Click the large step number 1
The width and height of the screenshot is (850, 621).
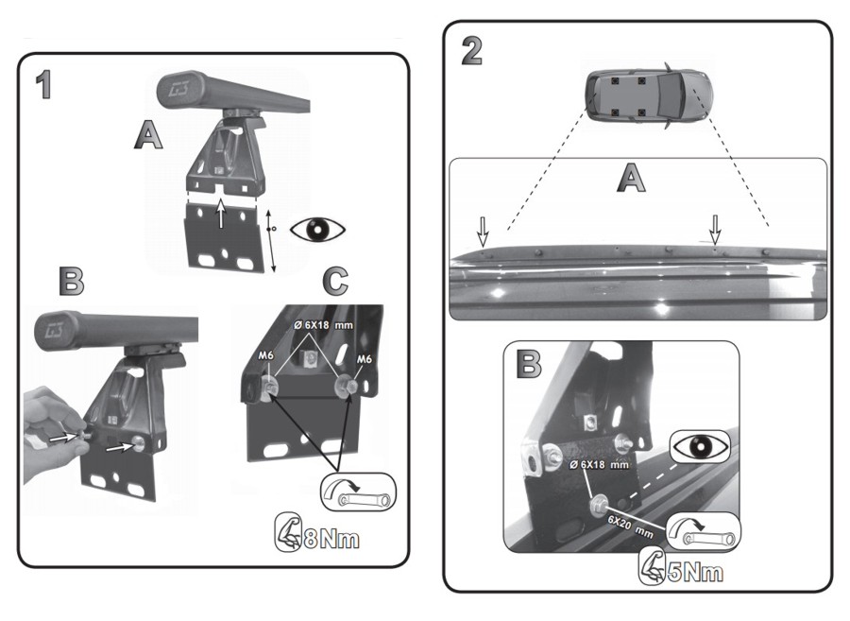click(x=44, y=85)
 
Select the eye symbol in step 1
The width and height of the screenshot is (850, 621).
click(x=318, y=229)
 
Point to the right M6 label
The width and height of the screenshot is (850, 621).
click(x=364, y=359)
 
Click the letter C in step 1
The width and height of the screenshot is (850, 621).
click(x=334, y=281)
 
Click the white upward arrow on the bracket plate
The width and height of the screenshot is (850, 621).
click(x=221, y=214)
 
